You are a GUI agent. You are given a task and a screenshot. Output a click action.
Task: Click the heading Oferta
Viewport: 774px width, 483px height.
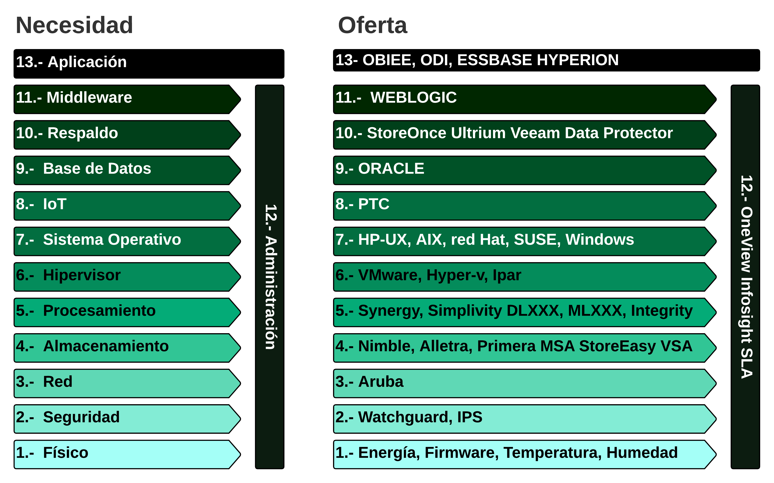point(373,25)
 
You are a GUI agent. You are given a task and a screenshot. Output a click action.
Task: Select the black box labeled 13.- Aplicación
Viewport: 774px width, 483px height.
point(149,64)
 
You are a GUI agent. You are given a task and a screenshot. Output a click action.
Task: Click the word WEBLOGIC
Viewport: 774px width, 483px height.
point(414,97)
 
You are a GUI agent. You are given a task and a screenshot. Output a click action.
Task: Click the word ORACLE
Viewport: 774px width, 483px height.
point(391,168)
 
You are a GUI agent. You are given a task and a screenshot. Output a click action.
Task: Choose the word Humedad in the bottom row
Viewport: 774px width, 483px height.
point(642,452)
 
